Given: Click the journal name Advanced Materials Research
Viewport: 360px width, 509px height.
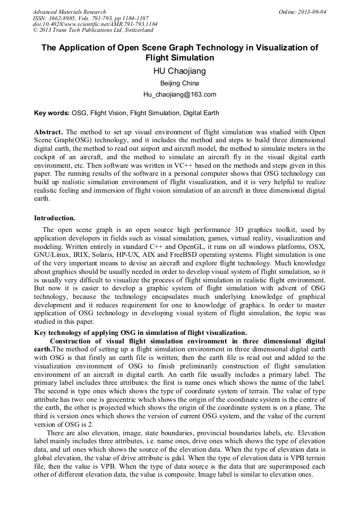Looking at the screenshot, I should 69,12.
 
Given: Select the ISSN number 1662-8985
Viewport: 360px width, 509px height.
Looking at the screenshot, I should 70,18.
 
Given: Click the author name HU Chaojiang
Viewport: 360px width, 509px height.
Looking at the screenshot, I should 180,72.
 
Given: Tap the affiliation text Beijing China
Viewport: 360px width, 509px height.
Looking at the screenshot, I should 180,83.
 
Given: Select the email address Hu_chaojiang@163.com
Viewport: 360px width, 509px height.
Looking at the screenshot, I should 180,94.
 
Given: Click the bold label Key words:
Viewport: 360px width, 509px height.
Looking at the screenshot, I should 52,113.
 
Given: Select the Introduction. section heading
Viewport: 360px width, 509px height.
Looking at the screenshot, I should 55,218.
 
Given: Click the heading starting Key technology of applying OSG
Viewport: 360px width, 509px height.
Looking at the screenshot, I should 140,333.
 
